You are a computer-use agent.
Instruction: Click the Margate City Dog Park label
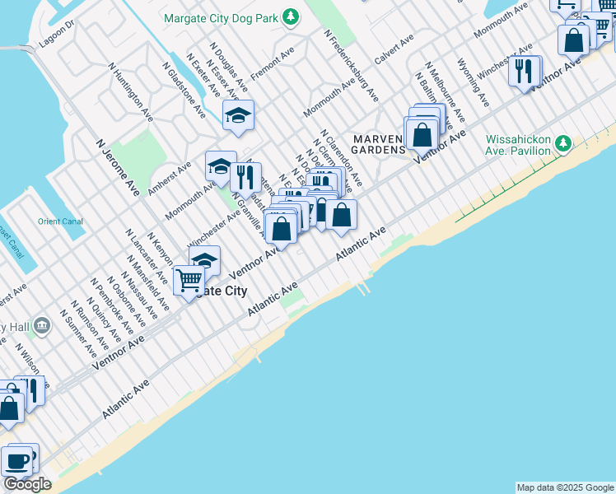click(221, 17)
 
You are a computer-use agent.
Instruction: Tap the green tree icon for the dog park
click(290, 16)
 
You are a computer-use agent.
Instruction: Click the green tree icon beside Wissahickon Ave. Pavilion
click(563, 144)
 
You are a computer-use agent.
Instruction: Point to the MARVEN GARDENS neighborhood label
click(379, 143)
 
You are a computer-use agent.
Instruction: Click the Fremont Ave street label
click(271, 66)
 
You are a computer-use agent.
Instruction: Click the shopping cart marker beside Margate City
click(189, 281)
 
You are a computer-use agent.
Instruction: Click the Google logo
click(27, 484)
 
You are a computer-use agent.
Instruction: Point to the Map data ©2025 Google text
click(565, 487)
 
